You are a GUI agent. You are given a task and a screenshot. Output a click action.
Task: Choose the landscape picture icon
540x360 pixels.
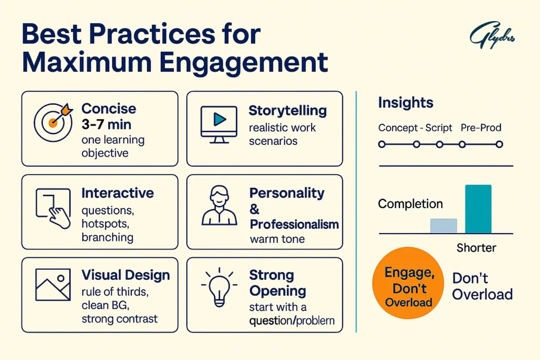tap(53, 285)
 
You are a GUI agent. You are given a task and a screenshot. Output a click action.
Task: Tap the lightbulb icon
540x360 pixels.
tap(219, 287)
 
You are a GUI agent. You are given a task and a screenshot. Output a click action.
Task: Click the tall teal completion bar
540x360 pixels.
tap(478, 209)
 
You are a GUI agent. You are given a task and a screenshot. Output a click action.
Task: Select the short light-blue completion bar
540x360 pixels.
tap(443, 226)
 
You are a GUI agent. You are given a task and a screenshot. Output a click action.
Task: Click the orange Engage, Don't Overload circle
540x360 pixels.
tap(408, 287)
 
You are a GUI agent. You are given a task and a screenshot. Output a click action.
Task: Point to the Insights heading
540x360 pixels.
tap(406, 103)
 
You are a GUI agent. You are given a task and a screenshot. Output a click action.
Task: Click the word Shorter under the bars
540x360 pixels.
tap(476, 247)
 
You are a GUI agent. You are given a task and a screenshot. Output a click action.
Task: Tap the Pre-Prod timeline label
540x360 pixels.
tap(481, 128)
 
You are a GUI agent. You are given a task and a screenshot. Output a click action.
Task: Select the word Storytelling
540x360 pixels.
tap(287, 111)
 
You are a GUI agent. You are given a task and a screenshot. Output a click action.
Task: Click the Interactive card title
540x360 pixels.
tap(118, 193)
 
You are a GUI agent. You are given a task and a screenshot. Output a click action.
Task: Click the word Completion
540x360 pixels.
tap(410, 204)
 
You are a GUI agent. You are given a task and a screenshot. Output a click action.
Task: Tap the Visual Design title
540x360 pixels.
tap(126, 275)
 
